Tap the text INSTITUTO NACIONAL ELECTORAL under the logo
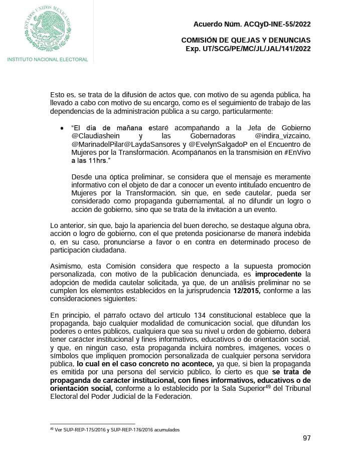point(48,60)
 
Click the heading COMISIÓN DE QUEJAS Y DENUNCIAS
point(246,40)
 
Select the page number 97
point(307,438)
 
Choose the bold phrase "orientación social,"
point(82,388)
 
